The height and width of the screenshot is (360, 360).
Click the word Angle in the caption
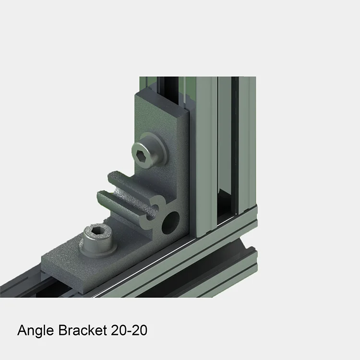pyautogui.click(x=36, y=331)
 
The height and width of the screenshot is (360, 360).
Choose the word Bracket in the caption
pyautogui.click(x=84, y=331)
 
